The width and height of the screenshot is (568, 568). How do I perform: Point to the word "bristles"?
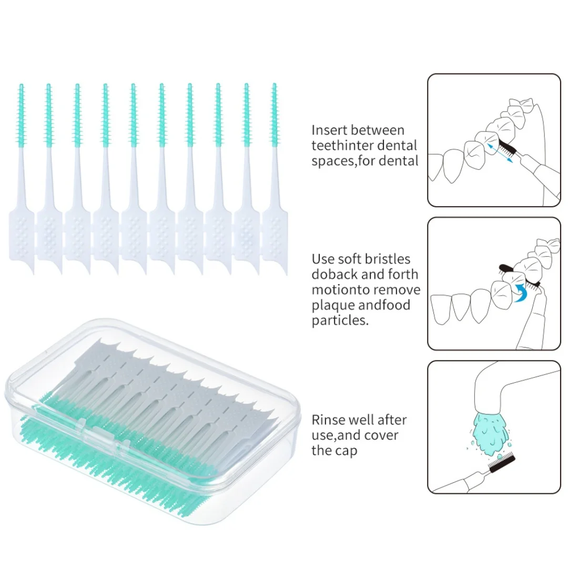pyautogui.click(x=389, y=259)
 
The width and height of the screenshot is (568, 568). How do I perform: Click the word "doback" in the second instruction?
pyautogui.click(x=334, y=274)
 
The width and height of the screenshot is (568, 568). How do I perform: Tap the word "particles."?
pyautogui.click(x=339, y=320)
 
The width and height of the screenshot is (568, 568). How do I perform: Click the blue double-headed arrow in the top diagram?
pyautogui.click(x=499, y=154)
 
